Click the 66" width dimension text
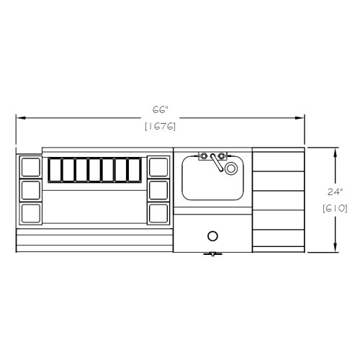pos(160,110)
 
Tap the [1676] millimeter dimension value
pos(161,126)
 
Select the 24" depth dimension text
pos(335,192)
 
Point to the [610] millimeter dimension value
pos(335,208)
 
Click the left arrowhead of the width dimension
pos(21,118)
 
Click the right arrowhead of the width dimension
pos(300,118)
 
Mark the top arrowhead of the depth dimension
pos(336,153)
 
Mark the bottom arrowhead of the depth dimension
pos(336,248)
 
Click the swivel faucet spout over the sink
pos(217,163)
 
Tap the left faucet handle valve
pos(204,156)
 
